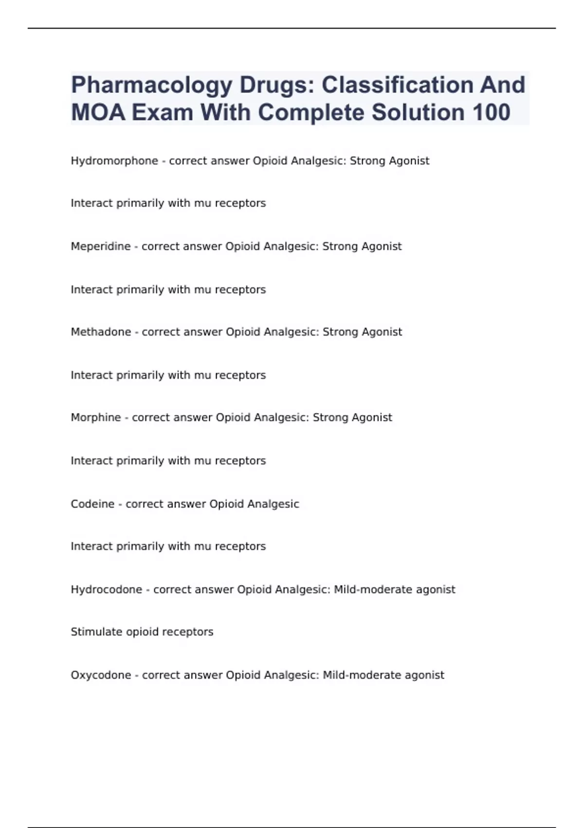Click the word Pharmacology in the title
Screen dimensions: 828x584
[x=151, y=85]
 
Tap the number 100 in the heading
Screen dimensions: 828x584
[x=491, y=113]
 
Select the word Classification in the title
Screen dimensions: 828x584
[x=397, y=85]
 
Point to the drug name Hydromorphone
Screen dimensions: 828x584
[x=114, y=161]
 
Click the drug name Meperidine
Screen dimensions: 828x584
[x=101, y=246]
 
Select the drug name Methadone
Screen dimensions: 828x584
[x=101, y=332]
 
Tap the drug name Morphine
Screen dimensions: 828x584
[x=96, y=417]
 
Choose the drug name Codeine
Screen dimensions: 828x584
[x=92, y=504]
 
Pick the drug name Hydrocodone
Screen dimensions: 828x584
[x=107, y=589]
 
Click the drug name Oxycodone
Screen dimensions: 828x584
[x=101, y=675]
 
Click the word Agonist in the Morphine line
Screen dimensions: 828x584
[x=372, y=417]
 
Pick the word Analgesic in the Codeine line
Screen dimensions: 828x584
[x=274, y=504]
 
